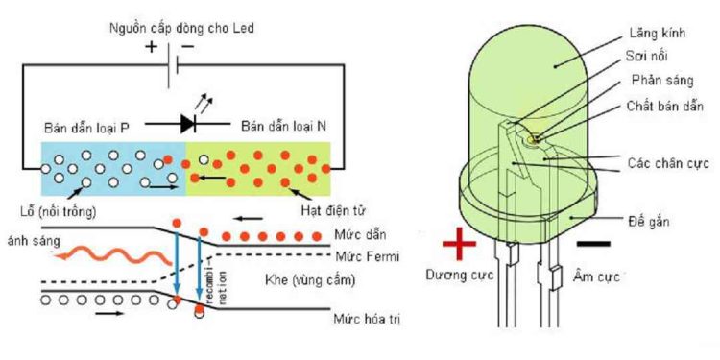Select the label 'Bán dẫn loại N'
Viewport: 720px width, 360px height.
tap(283, 127)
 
